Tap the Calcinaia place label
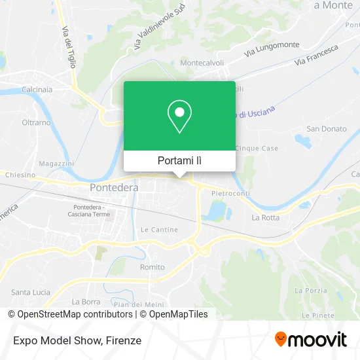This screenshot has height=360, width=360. click(37, 89)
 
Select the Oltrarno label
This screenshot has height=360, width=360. click(37, 122)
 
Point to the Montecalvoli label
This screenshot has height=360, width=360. click(202, 63)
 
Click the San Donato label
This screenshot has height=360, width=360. click(327, 129)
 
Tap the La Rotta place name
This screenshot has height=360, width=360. click(265, 217)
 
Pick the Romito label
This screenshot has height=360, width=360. click(153, 267)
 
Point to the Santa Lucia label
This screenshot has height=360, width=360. click(31, 292)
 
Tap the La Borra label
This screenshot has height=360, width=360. click(86, 302)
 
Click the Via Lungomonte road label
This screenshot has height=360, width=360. click(272, 48)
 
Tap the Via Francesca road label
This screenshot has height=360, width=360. click(317, 54)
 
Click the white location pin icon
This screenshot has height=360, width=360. click(179, 117)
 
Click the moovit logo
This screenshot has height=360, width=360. click(310, 339)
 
